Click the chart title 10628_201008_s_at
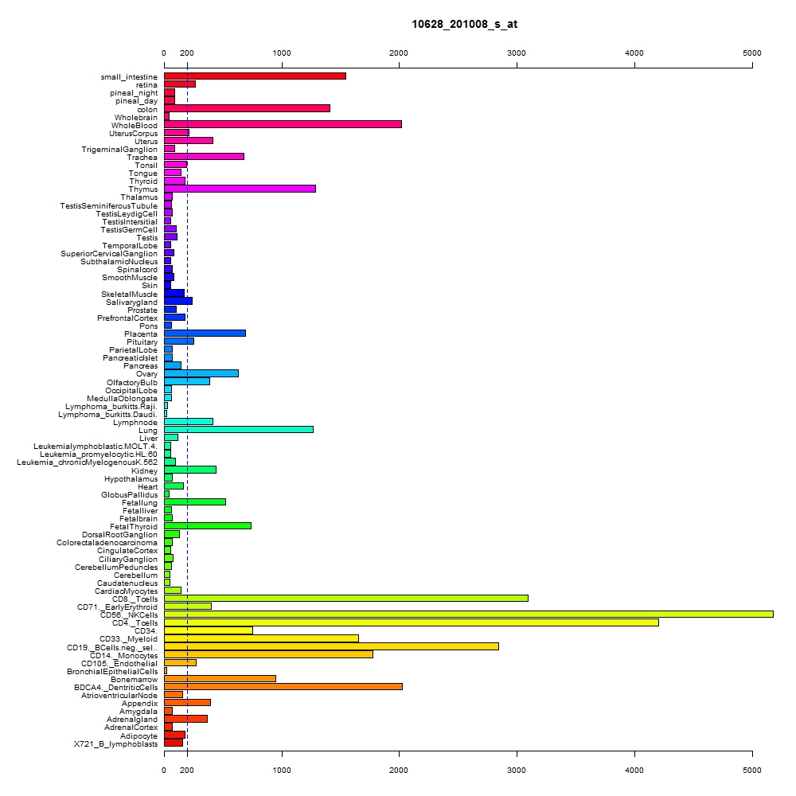click(464, 25)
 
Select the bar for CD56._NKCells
click(469, 615)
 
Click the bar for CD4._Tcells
click(412, 622)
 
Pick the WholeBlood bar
click(283, 124)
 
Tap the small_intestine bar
click(255, 76)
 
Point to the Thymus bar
click(240, 189)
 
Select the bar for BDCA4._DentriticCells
click(283, 687)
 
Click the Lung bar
click(239, 430)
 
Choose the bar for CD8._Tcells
click(346, 598)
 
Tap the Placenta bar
click(205, 333)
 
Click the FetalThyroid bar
click(208, 526)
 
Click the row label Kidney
click(144, 470)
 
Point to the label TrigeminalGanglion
click(119, 150)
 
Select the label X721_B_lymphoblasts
click(115, 744)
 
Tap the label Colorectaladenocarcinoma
click(107, 543)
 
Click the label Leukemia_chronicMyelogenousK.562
click(88, 462)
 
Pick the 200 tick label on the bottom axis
click(187, 770)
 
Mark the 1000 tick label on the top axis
click(282, 53)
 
